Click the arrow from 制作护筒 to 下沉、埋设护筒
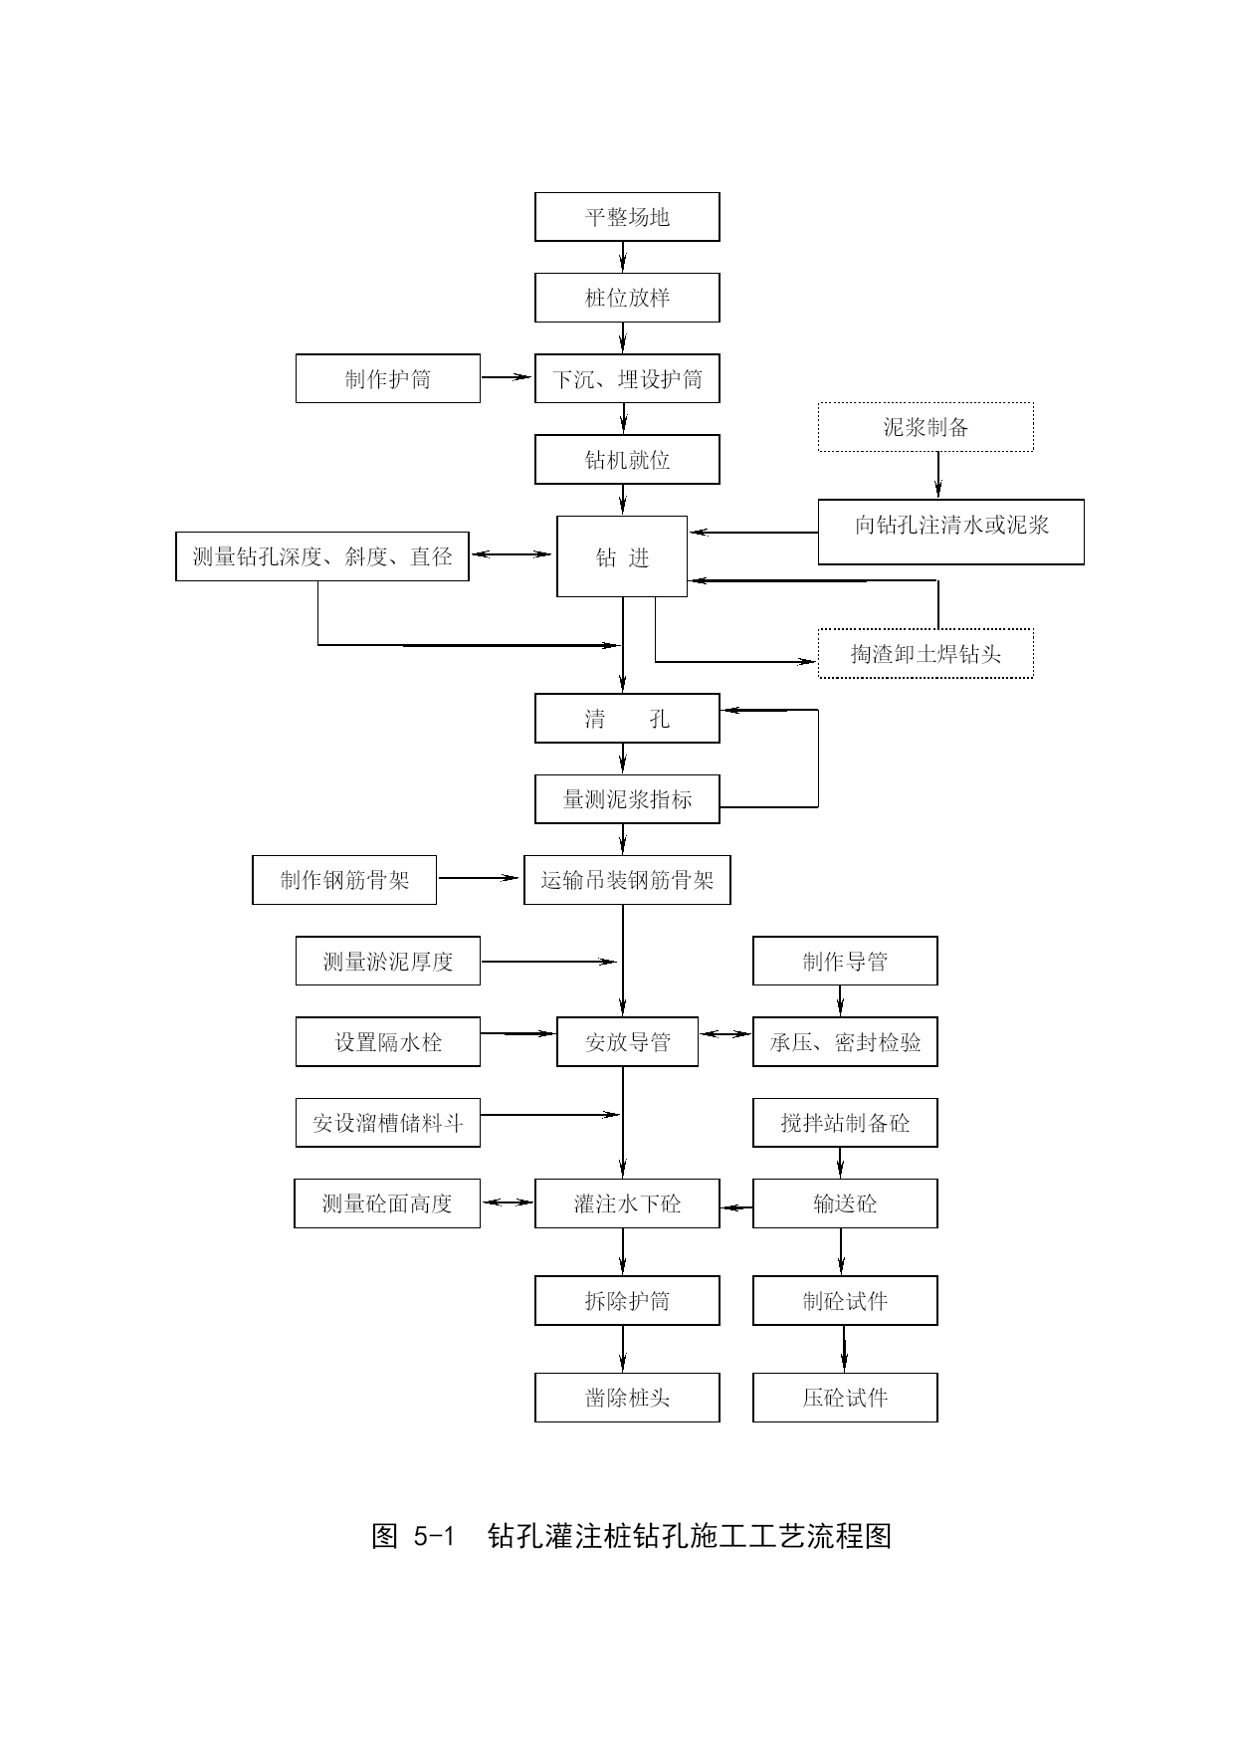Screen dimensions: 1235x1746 coord(508,377)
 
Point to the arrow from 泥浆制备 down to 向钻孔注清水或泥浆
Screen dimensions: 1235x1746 coord(937,475)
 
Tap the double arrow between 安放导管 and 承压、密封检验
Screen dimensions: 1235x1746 coord(725,1034)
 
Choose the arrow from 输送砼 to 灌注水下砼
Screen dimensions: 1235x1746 coord(736,1207)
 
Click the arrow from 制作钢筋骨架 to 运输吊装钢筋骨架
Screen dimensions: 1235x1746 coord(481,878)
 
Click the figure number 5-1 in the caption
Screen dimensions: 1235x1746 coord(433,1536)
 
